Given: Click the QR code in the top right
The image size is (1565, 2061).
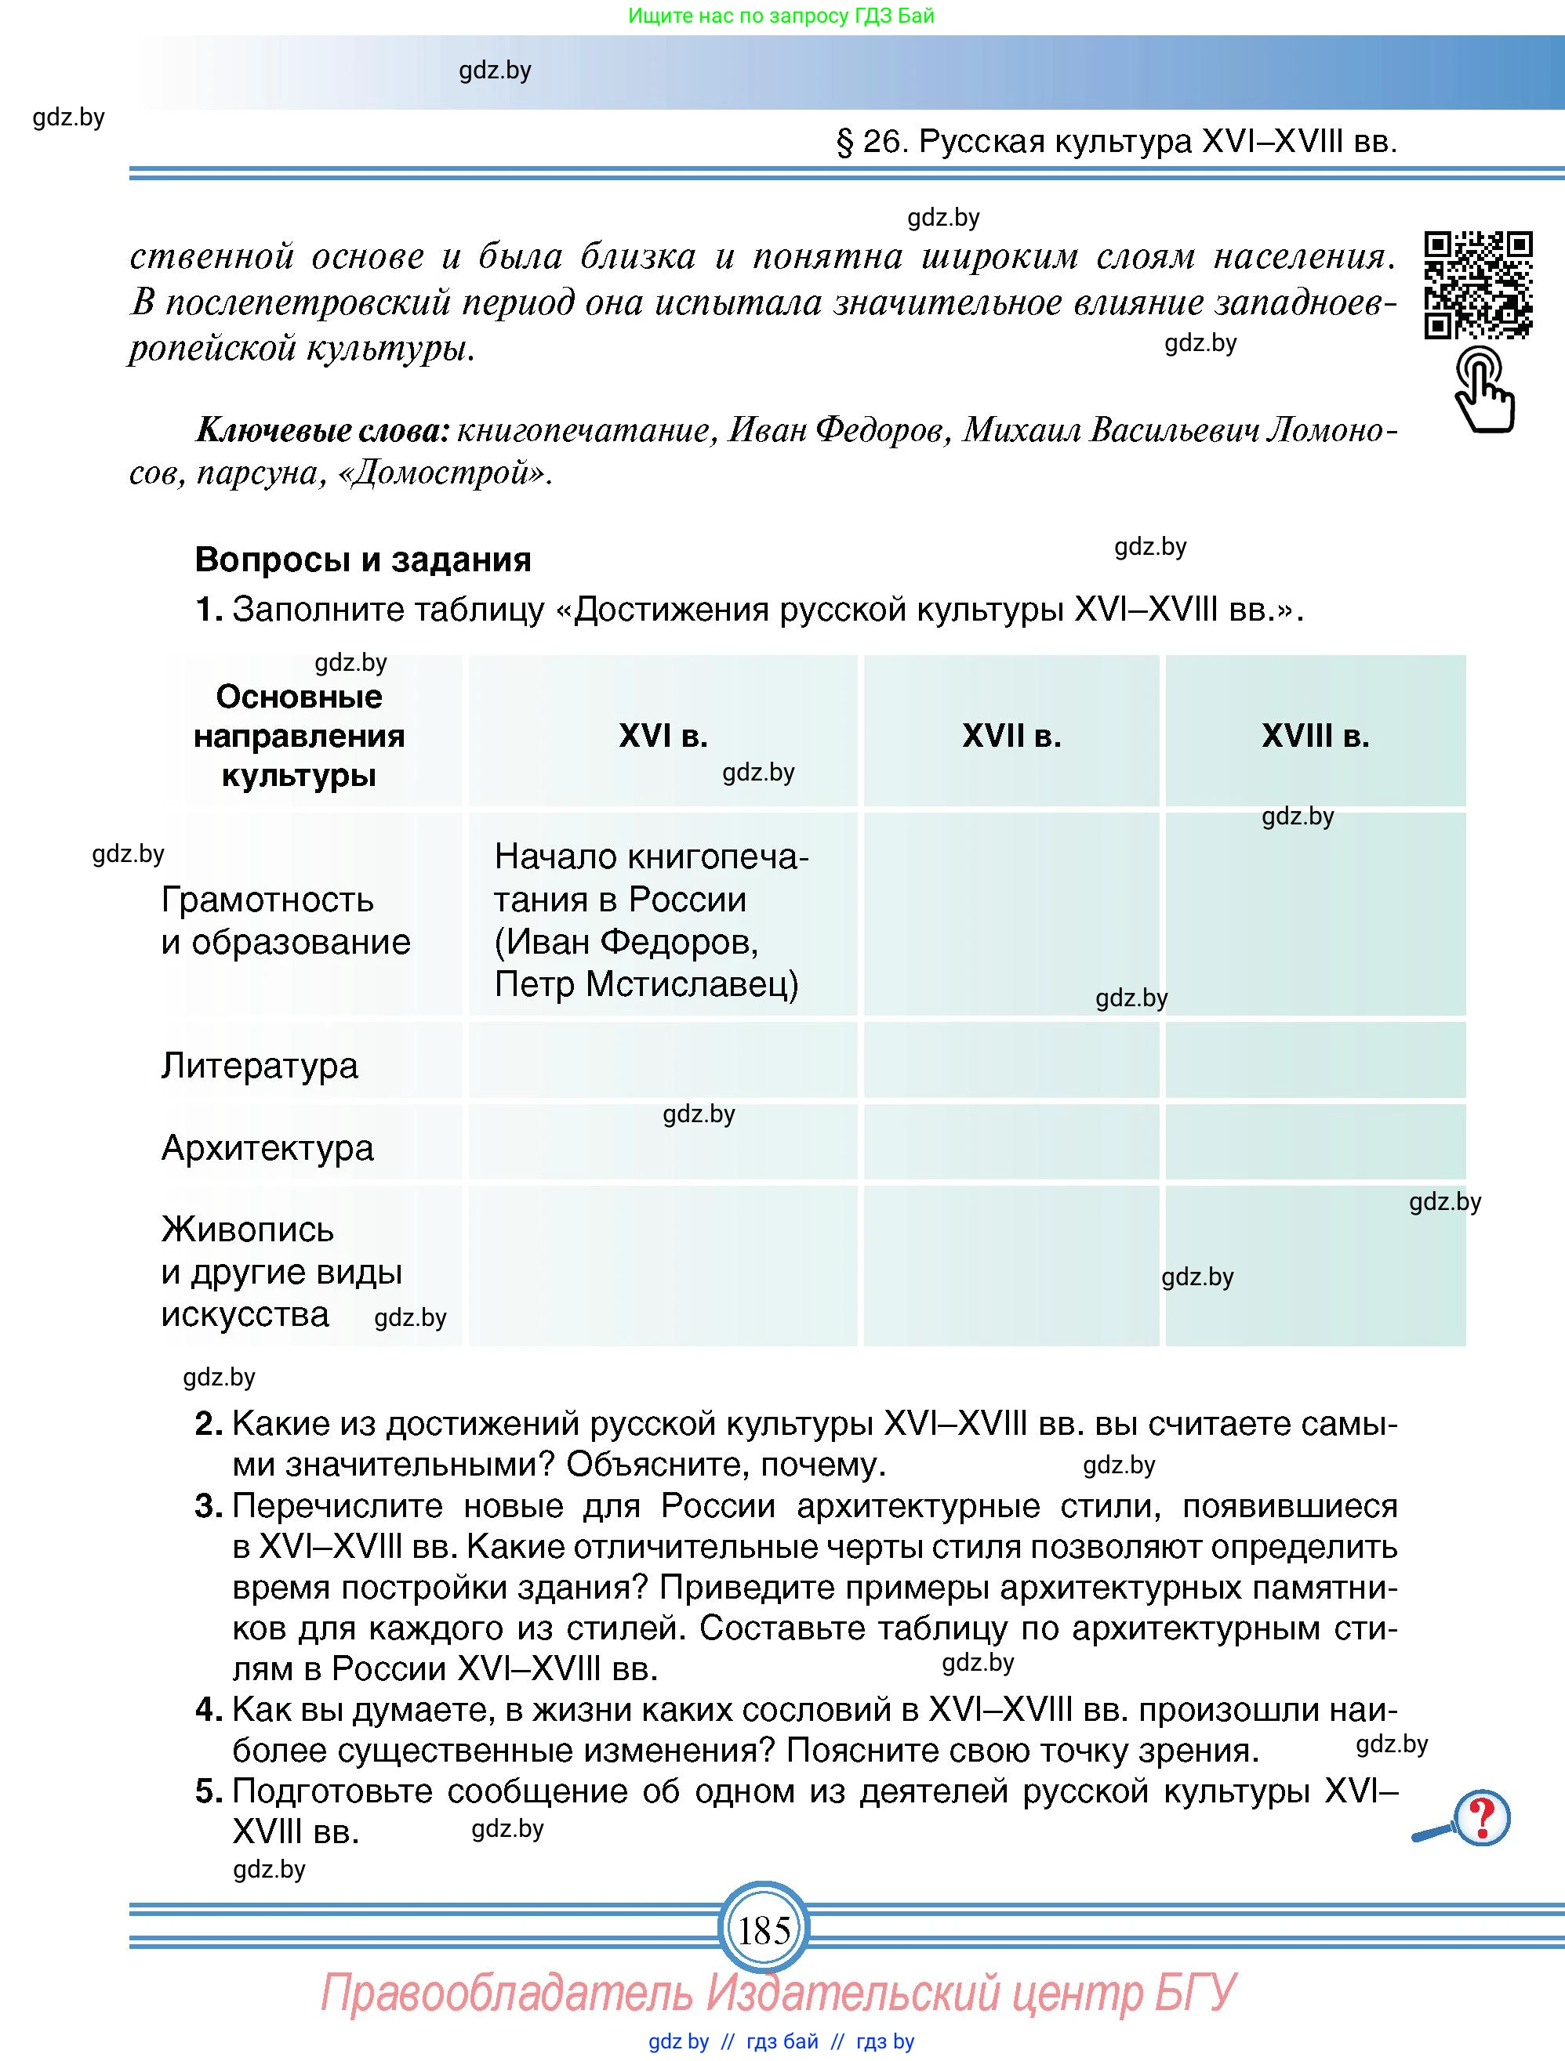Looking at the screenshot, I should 1478,285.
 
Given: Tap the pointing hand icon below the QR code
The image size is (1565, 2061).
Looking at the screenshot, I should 1484,389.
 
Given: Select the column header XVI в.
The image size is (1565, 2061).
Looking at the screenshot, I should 663,736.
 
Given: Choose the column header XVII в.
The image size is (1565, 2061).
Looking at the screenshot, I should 1011,736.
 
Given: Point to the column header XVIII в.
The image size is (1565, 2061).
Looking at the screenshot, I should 1315,736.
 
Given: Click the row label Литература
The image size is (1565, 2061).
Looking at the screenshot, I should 259,1065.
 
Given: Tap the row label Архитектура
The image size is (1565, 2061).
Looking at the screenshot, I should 267,1147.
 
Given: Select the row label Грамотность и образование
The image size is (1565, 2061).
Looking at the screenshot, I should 285,921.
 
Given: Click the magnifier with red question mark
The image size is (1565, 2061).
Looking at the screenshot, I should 1465,1818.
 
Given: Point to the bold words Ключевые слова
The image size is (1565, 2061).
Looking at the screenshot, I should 322,430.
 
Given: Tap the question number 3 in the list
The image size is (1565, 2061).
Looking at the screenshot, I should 209,1505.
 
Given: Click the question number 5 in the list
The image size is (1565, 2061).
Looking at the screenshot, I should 209,1791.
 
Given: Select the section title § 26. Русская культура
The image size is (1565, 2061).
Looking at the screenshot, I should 1117,142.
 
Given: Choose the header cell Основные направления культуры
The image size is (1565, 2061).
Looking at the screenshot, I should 300,736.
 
